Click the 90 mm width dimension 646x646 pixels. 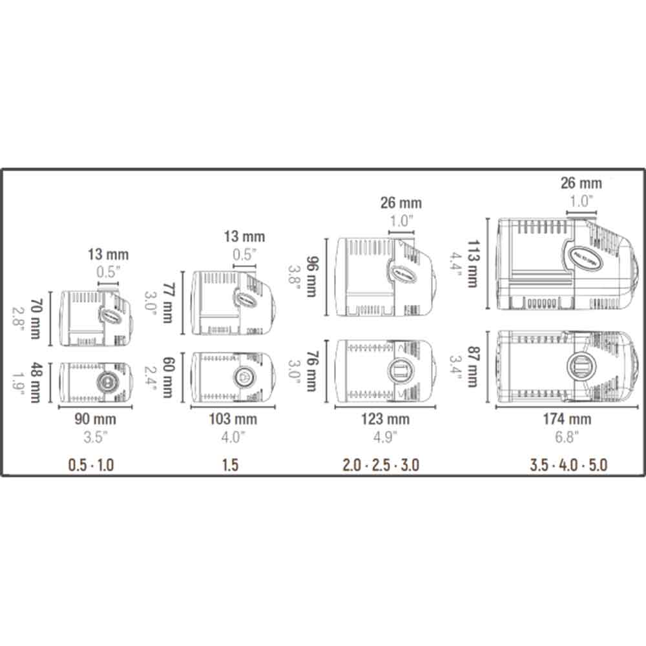(95, 419)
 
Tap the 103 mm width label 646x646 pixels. (233, 419)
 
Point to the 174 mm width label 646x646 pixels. (567, 419)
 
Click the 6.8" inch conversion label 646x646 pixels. (567, 437)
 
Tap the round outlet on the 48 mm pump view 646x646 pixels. (106, 382)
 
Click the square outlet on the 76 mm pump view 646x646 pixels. (399, 372)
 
